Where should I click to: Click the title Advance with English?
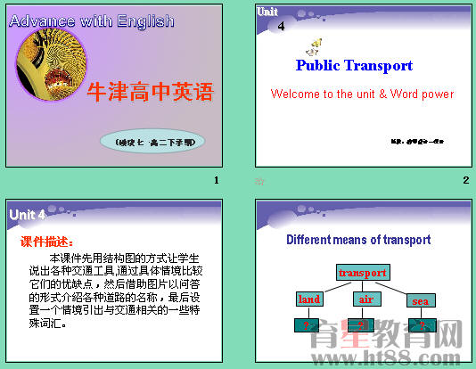(x=92, y=20)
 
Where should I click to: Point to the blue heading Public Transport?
(x=354, y=65)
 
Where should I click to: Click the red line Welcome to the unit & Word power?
(x=362, y=94)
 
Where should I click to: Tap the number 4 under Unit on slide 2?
(x=282, y=27)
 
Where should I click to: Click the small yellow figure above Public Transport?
(x=315, y=46)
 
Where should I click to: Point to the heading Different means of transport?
(x=358, y=240)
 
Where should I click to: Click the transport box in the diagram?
(x=363, y=272)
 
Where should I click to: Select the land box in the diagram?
(x=308, y=299)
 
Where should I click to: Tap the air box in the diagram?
(x=365, y=299)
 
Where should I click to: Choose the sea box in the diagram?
(x=420, y=300)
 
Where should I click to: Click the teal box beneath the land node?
(x=308, y=325)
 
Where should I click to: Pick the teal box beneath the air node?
(x=365, y=325)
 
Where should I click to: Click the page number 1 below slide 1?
(x=216, y=181)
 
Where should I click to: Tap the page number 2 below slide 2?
(x=465, y=181)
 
